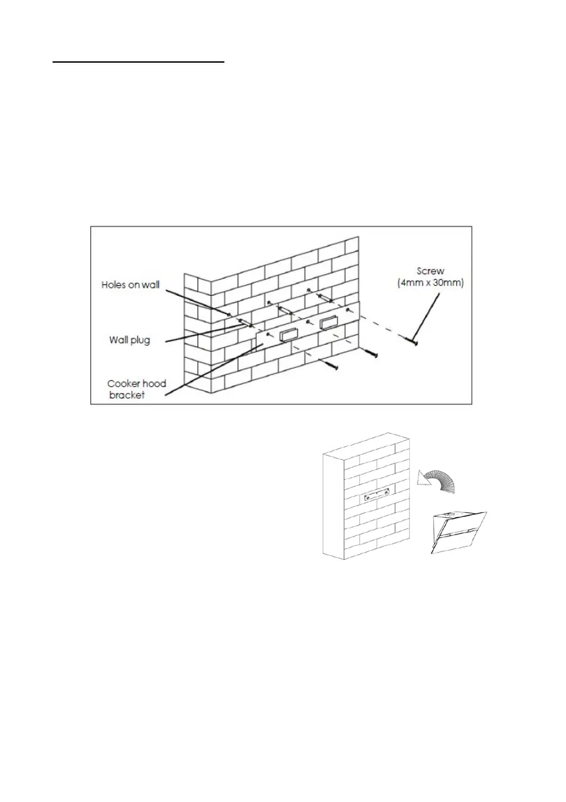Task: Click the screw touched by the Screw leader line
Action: point(412,343)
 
